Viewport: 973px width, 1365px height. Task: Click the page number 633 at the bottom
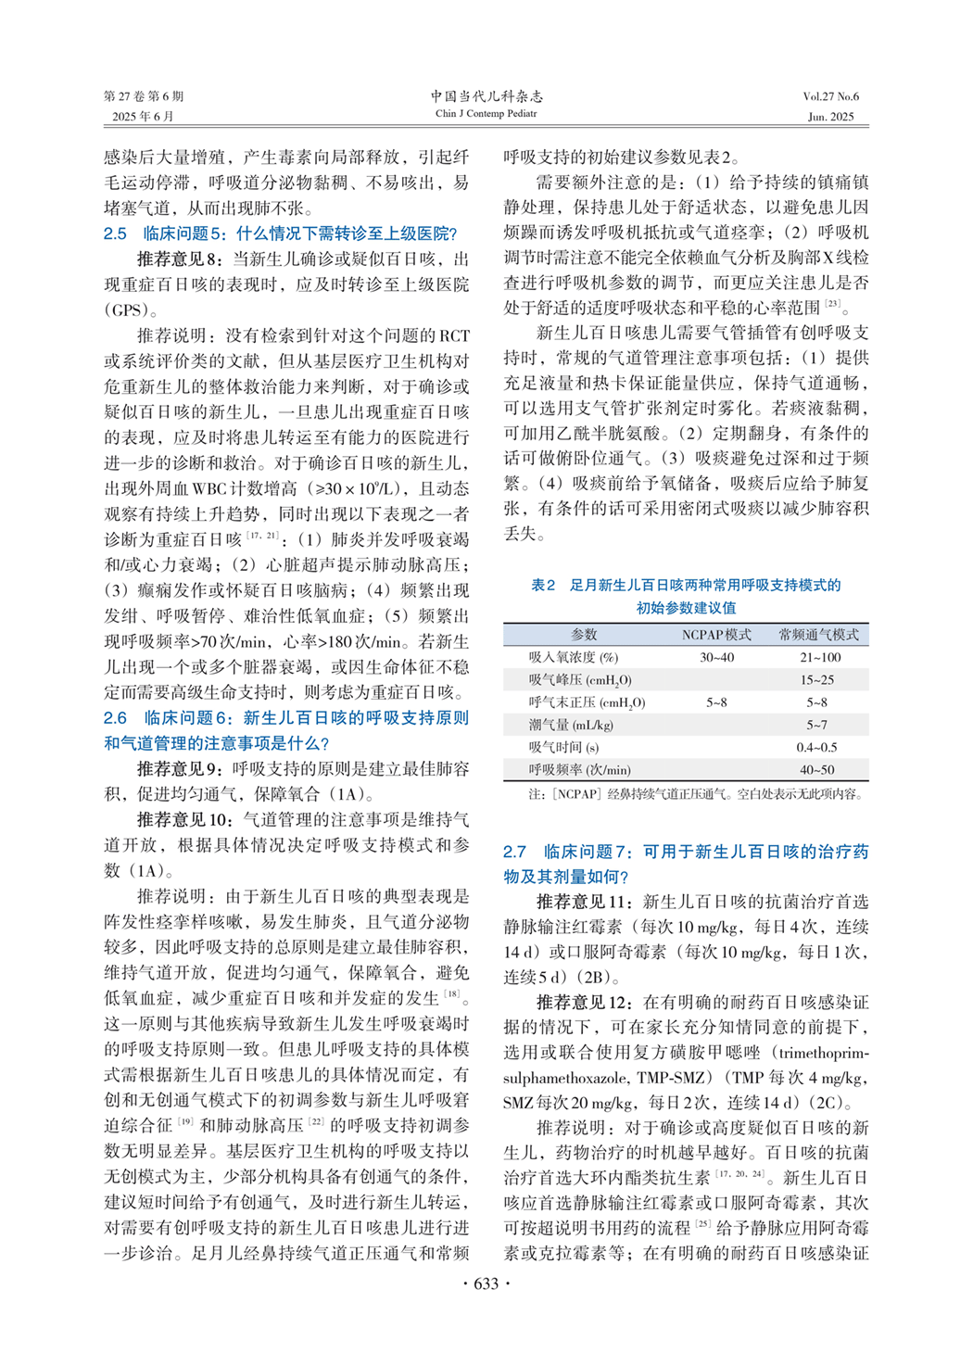[x=486, y=1283]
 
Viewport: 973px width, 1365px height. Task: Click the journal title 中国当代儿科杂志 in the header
[x=486, y=96]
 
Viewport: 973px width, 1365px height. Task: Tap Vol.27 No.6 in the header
[x=830, y=96]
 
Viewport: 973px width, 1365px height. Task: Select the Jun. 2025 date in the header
[x=830, y=117]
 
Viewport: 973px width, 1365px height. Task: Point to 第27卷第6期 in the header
[x=144, y=96]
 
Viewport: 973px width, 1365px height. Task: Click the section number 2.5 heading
[x=115, y=234]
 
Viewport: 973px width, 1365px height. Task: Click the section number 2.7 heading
[x=514, y=852]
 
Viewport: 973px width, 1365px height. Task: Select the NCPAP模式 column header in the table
[x=716, y=635]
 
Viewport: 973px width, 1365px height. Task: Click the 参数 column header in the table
[x=584, y=635]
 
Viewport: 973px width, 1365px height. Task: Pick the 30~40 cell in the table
[x=716, y=657]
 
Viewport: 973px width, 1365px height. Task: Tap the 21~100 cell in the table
[x=820, y=657]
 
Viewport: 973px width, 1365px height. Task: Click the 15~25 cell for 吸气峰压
[x=820, y=680]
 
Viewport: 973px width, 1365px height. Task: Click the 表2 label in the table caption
[x=543, y=585]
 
